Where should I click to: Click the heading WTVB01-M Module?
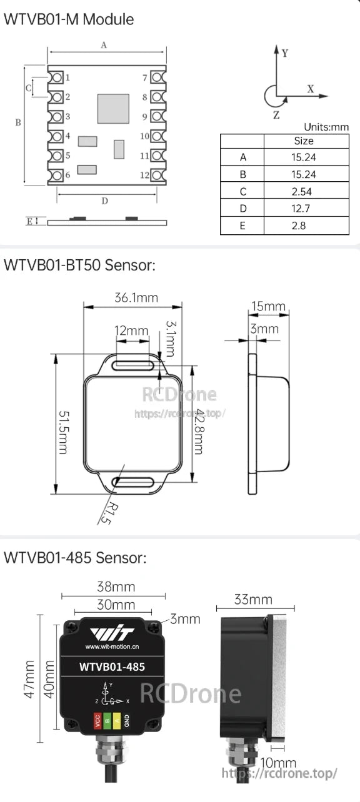pyautogui.click(x=69, y=19)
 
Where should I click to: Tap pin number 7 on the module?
pyautogui.click(x=145, y=77)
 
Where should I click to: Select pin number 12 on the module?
pyautogui.click(x=144, y=176)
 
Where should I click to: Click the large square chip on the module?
pyautogui.click(x=113, y=109)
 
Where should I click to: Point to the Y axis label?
pyautogui.click(x=285, y=53)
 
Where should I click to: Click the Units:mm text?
pyautogui.click(x=326, y=127)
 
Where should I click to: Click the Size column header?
pyautogui.click(x=303, y=141)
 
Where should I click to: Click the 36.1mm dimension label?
pyautogui.click(x=136, y=297)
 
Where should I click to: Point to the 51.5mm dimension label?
pyautogui.click(x=63, y=423)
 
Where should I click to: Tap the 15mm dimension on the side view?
pyautogui.click(x=268, y=307)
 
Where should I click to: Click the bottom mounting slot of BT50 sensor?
pyautogui.click(x=134, y=482)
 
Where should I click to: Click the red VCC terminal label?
pyautogui.click(x=97, y=720)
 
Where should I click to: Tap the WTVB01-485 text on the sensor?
pyautogui.click(x=112, y=666)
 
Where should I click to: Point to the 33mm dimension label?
pyautogui.click(x=252, y=600)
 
